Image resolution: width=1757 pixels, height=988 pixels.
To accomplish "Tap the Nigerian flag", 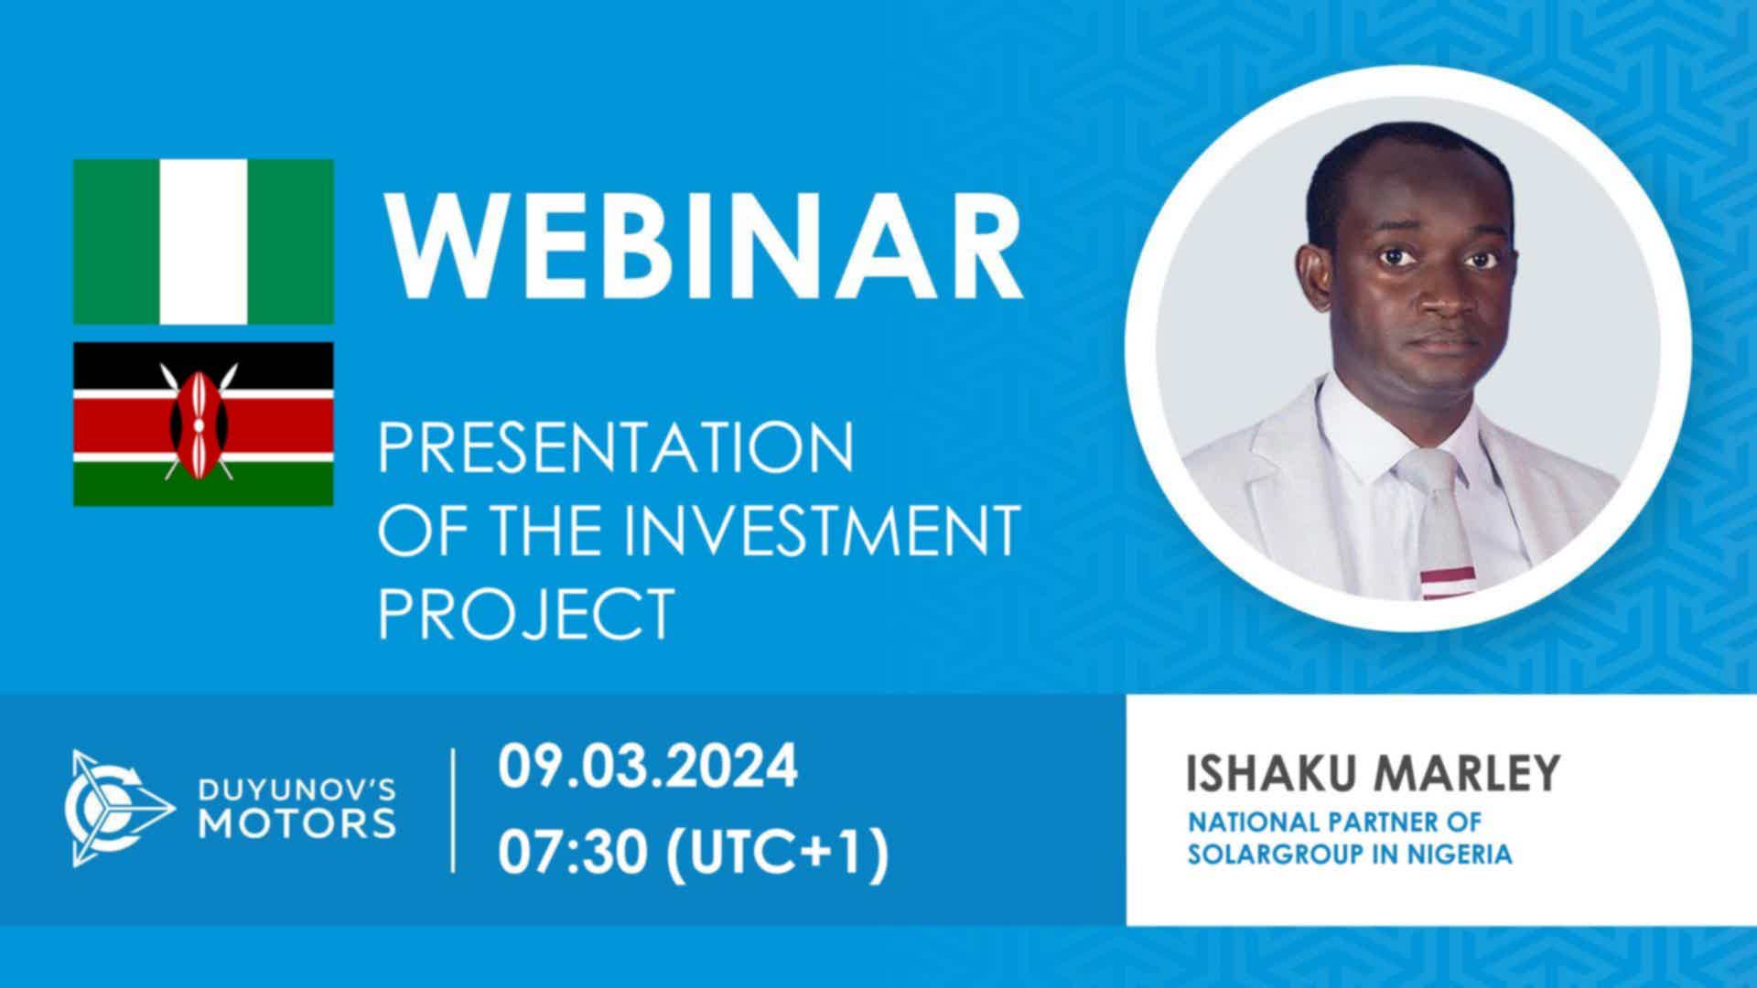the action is click(x=203, y=242).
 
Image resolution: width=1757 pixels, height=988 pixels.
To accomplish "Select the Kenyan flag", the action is click(x=203, y=424).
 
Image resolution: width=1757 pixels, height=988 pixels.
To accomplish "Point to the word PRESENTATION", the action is click(x=617, y=447).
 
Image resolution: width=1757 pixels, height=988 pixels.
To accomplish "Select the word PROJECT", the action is click(x=526, y=613).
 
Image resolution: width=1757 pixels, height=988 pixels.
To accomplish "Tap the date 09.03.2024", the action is click(x=648, y=768).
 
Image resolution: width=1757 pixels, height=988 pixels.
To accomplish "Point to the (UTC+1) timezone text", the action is click(x=778, y=855).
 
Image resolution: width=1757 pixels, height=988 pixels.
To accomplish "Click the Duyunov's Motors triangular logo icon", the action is click(x=120, y=809).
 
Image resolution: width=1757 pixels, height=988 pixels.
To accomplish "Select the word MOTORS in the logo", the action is click(x=298, y=822).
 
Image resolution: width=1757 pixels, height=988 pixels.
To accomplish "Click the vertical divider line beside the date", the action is click(x=454, y=810).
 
